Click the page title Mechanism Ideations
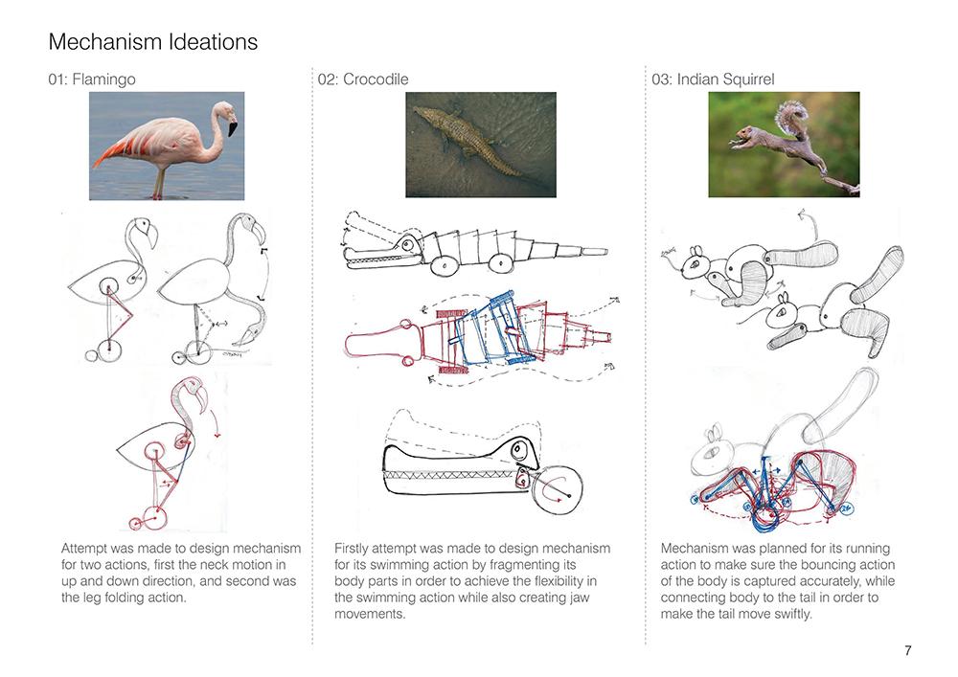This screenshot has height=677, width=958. [152, 41]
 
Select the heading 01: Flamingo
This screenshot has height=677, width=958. [92, 79]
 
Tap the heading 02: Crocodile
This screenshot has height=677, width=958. [363, 79]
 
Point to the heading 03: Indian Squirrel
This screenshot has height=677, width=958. [713, 79]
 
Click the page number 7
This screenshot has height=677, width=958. [908, 650]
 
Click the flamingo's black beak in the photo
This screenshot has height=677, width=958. [233, 127]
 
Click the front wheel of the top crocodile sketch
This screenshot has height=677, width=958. [445, 265]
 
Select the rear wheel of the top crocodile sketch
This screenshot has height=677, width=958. [500, 263]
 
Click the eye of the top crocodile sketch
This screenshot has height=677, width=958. [406, 244]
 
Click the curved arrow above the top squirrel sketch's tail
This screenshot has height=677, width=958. [810, 225]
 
